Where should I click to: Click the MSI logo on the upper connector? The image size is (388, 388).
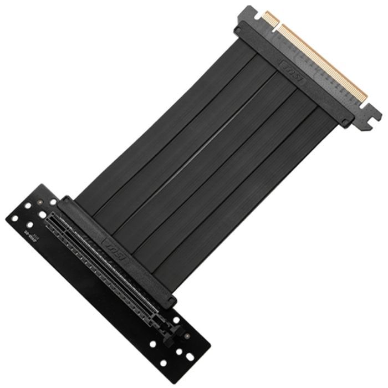pos(292,72)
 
